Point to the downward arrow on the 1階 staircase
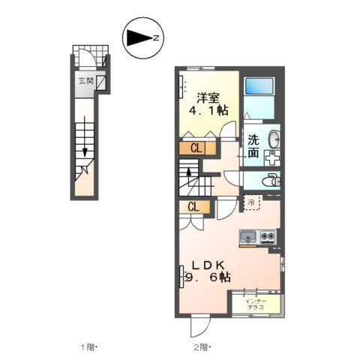point(86,151)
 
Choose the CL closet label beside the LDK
point(193,208)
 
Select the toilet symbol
point(273,180)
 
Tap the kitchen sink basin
point(248,238)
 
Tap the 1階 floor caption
point(89,346)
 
